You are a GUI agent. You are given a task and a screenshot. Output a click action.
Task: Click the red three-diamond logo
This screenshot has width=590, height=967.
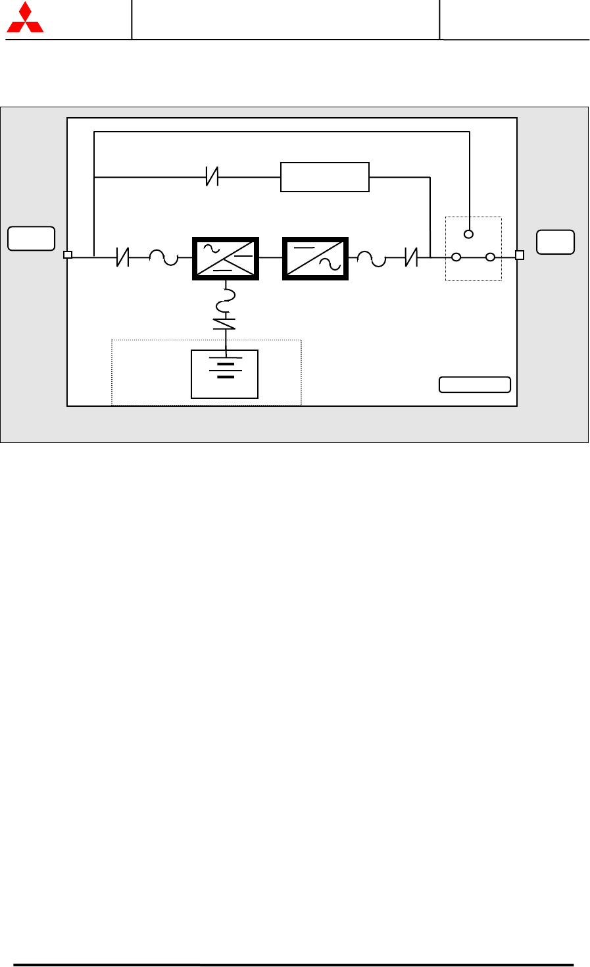(25, 18)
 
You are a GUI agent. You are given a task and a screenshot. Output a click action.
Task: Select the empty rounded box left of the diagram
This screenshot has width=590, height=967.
(31, 238)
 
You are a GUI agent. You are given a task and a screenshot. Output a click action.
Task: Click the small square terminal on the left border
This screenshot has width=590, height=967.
(67, 255)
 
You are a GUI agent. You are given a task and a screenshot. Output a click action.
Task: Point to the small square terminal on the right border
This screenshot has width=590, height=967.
(519, 255)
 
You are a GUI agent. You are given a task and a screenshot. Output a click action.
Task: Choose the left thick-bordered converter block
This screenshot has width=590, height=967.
(226, 258)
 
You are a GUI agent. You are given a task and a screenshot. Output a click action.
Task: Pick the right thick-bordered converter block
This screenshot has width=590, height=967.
(315, 258)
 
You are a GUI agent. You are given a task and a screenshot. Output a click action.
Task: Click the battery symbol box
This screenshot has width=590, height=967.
(224, 374)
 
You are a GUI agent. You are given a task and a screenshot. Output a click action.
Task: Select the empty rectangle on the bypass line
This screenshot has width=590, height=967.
(325, 176)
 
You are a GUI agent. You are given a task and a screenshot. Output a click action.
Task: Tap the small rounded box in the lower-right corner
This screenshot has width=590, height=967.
(475, 384)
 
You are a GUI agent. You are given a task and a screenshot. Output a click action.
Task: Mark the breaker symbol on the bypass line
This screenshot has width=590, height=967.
(212, 176)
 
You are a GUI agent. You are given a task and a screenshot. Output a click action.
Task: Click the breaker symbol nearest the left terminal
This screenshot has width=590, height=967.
(122, 257)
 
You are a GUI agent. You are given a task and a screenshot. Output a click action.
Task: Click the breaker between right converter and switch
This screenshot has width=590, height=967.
(412, 257)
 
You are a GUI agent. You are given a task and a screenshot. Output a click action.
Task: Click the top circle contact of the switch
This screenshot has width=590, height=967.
(469, 234)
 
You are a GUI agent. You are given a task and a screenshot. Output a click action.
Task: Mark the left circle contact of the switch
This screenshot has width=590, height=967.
(456, 257)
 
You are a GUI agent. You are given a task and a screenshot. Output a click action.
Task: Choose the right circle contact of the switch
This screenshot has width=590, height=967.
(490, 257)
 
